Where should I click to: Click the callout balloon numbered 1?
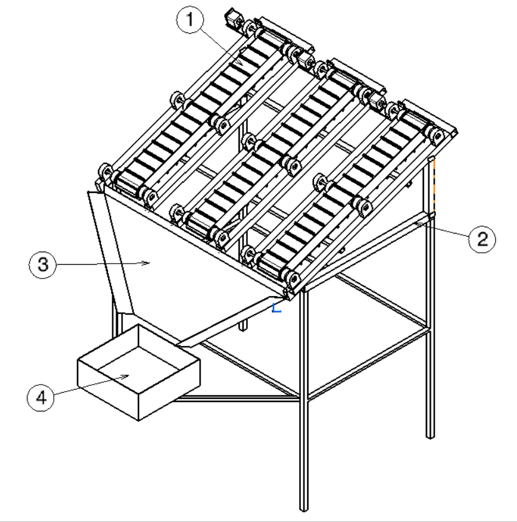[190, 19]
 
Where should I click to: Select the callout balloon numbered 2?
[481, 239]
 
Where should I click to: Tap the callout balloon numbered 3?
[42, 265]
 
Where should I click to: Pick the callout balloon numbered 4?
[41, 398]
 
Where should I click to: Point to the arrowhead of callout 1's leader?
[240, 62]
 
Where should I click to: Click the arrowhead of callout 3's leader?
[146, 263]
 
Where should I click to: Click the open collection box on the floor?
[139, 373]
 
